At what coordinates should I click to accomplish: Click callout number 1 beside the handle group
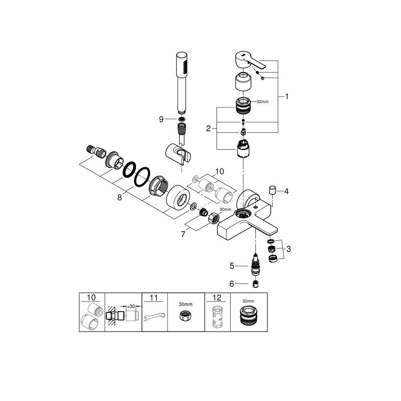(x=286, y=96)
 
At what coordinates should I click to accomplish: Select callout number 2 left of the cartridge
(x=208, y=128)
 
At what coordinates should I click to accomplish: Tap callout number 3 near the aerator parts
(x=288, y=249)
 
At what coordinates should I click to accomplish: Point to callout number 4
(x=286, y=191)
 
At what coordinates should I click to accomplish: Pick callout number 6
(x=231, y=284)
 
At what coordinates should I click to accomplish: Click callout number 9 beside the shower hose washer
(x=161, y=119)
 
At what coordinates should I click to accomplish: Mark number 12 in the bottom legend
(x=217, y=298)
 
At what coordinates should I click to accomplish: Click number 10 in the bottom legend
(x=91, y=298)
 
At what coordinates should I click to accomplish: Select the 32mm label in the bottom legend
(x=248, y=301)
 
